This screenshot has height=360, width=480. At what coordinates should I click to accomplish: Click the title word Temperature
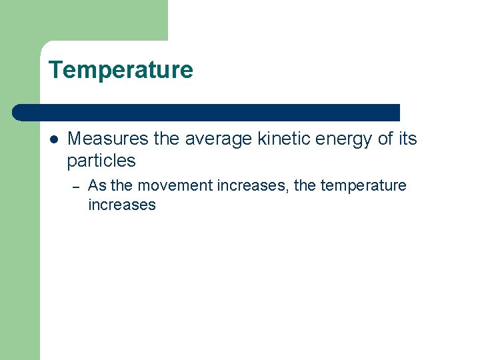point(121,70)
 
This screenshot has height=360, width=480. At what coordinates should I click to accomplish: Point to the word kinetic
point(281,139)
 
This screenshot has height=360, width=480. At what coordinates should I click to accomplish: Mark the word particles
point(101,161)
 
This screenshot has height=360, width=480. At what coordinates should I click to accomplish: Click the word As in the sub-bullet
point(97,185)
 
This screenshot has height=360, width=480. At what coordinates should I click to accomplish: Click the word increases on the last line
point(121,205)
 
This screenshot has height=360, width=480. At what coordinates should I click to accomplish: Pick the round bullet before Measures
point(53,140)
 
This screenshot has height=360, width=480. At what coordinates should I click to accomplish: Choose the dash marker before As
point(77,187)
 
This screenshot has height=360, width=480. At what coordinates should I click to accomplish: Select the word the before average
point(166,139)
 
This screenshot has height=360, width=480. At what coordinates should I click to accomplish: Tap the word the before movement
point(121,185)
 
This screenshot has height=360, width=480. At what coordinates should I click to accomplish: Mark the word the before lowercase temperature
point(305,185)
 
